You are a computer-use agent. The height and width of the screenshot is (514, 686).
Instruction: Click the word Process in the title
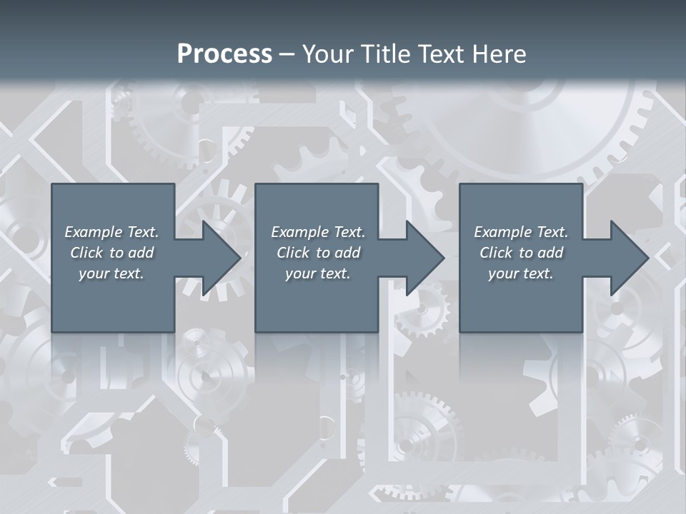224,54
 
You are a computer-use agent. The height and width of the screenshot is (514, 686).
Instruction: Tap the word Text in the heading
442,54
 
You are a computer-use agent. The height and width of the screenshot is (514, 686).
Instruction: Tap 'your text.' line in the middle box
317,273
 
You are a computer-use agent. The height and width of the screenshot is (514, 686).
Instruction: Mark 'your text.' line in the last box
521,273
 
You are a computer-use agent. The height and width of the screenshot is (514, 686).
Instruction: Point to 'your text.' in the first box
111,273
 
